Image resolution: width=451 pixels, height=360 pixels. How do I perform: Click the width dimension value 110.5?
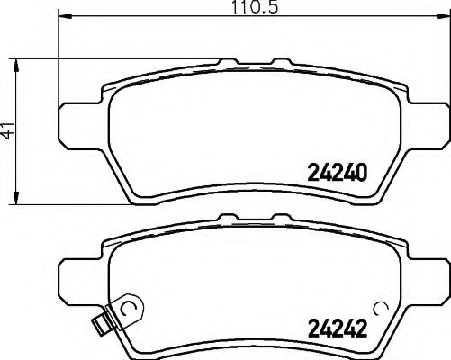click(230, 8)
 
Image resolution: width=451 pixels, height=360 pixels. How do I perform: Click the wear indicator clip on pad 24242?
click(106, 319)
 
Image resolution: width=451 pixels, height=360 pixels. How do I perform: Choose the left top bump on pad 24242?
click(226, 216)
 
